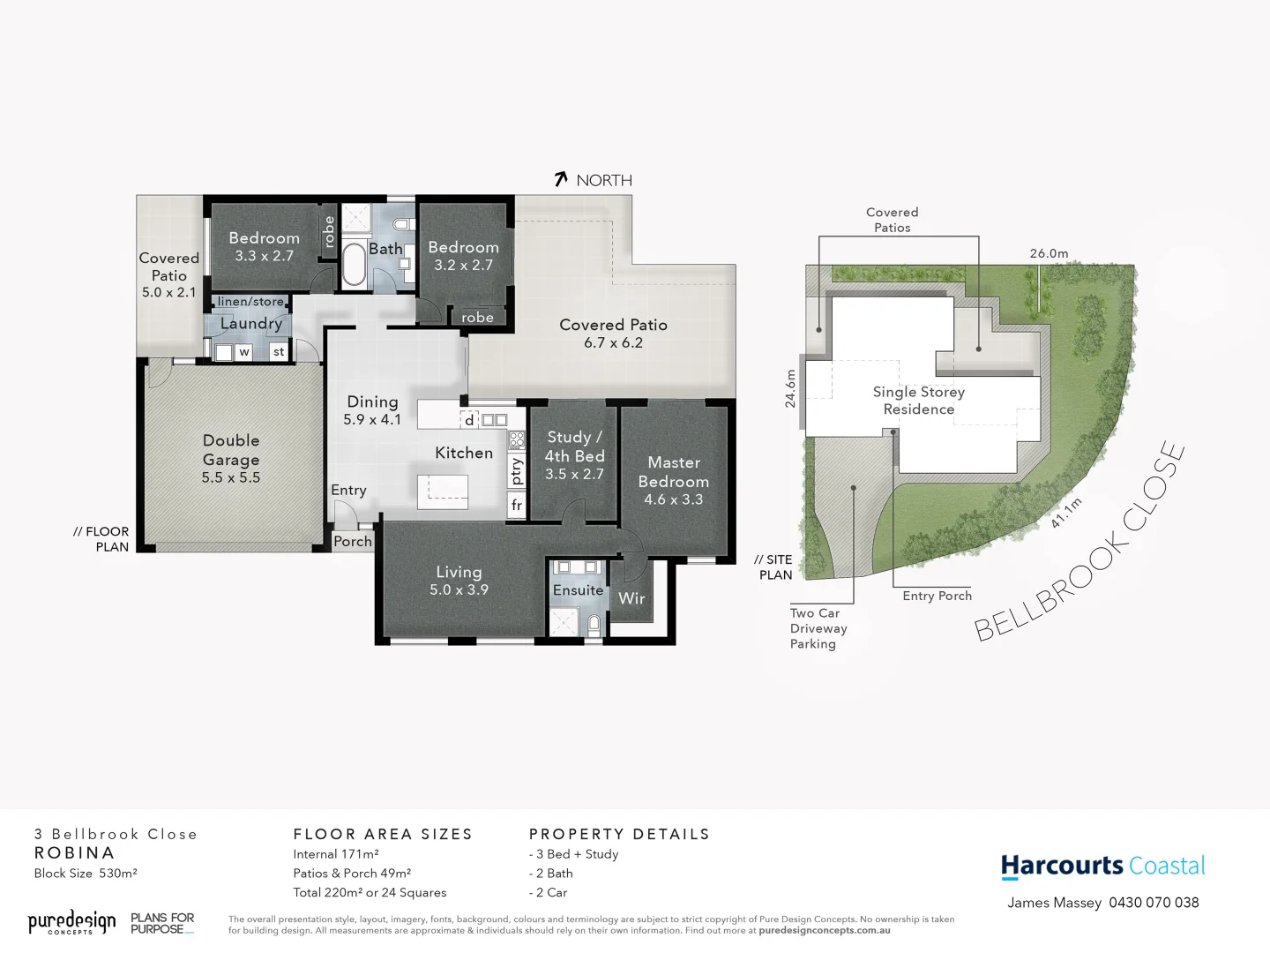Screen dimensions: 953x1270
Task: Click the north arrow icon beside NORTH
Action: pyautogui.click(x=560, y=179)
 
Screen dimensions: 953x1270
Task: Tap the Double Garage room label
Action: pyautogui.click(x=231, y=449)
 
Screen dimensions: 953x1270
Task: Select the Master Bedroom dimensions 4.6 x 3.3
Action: pyautogui.click(x=673, y=499)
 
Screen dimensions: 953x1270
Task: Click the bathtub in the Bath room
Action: pyautogui.click(x=354, y=264)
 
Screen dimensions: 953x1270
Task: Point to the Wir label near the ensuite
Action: pyautogui.click(x=631, y=598)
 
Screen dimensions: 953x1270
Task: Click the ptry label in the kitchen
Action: pyautogui.click(x=517, y=471)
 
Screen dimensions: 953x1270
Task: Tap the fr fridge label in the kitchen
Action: pyautogui.click(x=517, y=506)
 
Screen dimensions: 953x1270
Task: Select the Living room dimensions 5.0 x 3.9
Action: pyautogui.click(x=459, y=590)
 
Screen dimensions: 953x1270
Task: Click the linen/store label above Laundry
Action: pyautogui.click(x=251, y=302)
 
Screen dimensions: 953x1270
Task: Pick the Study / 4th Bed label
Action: pyautogui.click(x=574, y=446)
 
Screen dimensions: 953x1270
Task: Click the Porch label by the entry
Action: pyautogui.click(x=353, y=542)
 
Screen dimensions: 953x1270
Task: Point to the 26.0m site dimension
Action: pyautogui.click(x=1049, y=253)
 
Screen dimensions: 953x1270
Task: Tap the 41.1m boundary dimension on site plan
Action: pyautogui.click(x=1065, y=514)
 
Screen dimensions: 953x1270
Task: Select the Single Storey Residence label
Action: pyautogui.click(x=919, y=401)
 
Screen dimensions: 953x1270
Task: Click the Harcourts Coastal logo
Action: pyautogui.click(x=1102, y=867)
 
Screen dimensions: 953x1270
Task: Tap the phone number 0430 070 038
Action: pyautogui.click(x=1154, y=903)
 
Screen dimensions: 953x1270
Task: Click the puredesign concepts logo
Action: pyautogui.click(x=71, y=923)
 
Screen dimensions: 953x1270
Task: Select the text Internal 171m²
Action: pyautogui.click(x=336, y=854)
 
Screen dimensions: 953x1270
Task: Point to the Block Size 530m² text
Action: pyautogui.click(x=86, y=874)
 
